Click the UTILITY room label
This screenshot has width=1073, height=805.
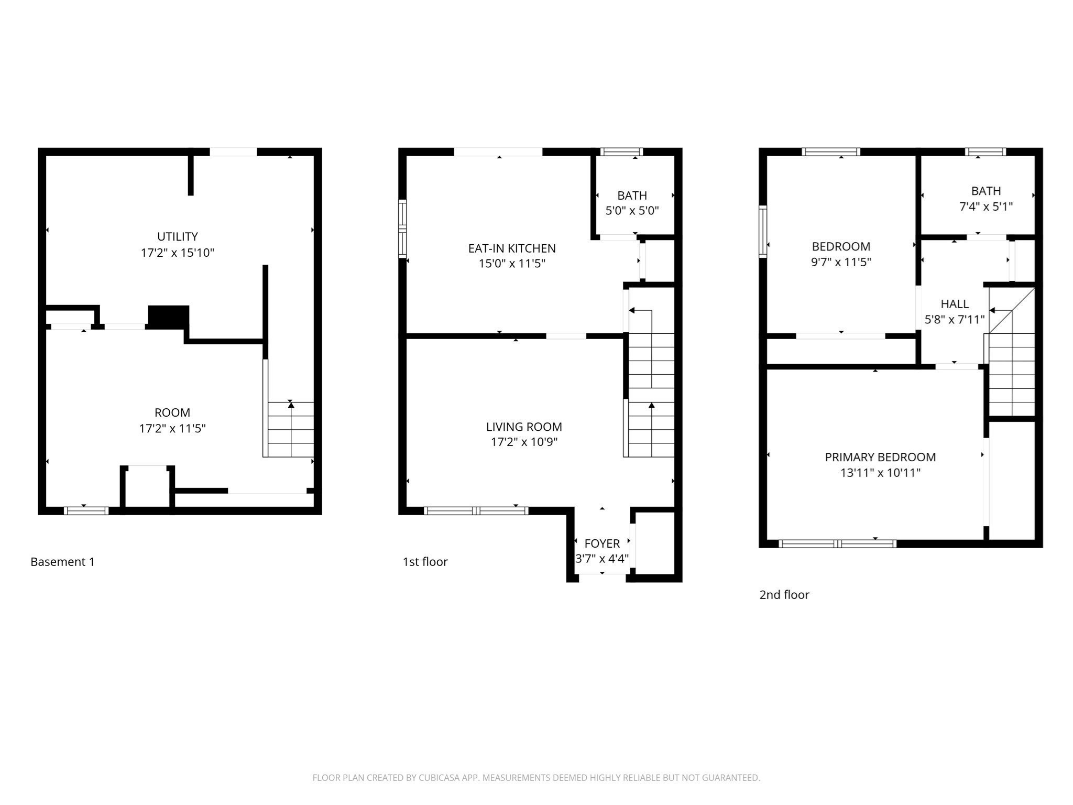[x=177, y=236]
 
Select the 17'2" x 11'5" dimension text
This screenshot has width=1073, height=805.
[x=172, y=429]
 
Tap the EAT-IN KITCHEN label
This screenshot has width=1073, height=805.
[x=511, y=248]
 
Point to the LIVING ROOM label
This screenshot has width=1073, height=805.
[x=523, y=427]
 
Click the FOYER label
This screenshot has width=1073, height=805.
[x=601, y=543]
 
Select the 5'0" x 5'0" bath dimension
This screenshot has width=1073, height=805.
[x=632, y=211]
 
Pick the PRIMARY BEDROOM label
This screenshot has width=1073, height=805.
[x=880, y=457]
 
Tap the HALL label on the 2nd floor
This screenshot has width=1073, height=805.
[x=954, y=304]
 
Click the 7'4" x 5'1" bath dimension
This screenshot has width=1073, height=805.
[x=986, y=206]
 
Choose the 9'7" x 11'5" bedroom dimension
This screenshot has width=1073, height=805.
[x=840, y=262]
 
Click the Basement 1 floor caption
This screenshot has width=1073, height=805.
[x=62, y=562]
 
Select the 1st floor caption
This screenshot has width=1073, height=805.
[x=425, y=562]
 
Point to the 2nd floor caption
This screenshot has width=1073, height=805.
[x=784, y=595]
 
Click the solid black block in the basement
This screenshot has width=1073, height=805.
[x=168, y=317]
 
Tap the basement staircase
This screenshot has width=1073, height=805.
[x=291, y=430]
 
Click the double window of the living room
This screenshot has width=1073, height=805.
[x=476, y=510]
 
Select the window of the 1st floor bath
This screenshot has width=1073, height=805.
[x=621, y=152]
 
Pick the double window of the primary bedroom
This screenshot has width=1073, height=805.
[x=837, y=544]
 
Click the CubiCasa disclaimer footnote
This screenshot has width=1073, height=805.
[x=536, y=778]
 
